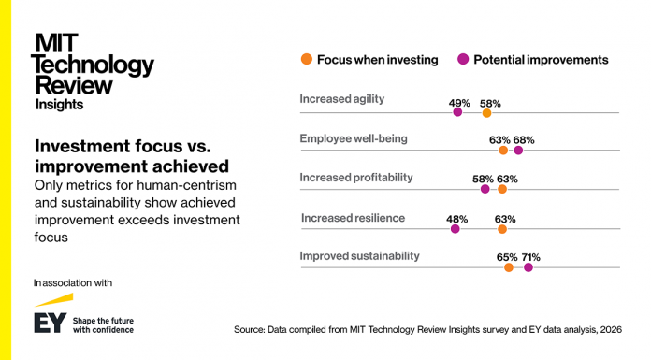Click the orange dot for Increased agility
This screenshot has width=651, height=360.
pyautogui.click(x=486, y=112)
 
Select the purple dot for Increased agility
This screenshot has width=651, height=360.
pyautogui.click(x=457, y=112)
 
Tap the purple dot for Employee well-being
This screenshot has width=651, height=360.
pyautogui.click(x=518, y=150)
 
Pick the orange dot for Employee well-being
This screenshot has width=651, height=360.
pyautogui.click(x=503, y=150)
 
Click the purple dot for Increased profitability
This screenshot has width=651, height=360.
pyautogui.click(x=485, y=189)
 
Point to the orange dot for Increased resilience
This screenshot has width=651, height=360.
pyautogui.click(x=502, y=228)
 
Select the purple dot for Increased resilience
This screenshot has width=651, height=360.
pyautogui.click(x=456, y=228)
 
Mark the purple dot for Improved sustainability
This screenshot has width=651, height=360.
pyautogui.click(x=528, y=267)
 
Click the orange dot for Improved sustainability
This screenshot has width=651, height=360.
pyautogui.click(x=509, y=267)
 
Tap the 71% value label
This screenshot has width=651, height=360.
pyautogui.click(x=530, y=257)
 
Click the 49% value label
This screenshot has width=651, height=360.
pyautogui.click(x=459, y=103)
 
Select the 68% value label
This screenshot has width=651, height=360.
pyautogui.click(x=523, y=140)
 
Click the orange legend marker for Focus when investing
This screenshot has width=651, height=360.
pyautogui.click(x=306, y=60)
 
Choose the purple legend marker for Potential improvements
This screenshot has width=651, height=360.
pyautogui.click(x=462, y=60)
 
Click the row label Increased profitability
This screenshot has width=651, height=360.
pyautogui.click(x=355, y=178)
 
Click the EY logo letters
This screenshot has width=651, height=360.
pyautogui.click(x=49, y=323)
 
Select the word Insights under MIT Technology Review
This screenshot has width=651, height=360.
pyautogui.click(x=59, y=105)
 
